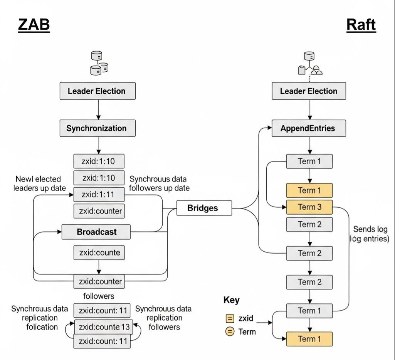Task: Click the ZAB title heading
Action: click(34, 25)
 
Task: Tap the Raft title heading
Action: click(361, 25)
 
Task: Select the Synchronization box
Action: click(97, 128)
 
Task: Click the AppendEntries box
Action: click(309, 128)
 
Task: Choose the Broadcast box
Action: click(96, 232)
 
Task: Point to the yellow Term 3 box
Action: click(309, 207)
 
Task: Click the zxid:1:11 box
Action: click(99, 194)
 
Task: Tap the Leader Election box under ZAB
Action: click(97, 91)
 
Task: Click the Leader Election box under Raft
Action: click(309, 91)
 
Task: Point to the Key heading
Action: click(231, 300)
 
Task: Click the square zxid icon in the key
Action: click(230, 319)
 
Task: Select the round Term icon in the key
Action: click(230, 331)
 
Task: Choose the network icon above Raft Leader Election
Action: click(310, 65)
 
